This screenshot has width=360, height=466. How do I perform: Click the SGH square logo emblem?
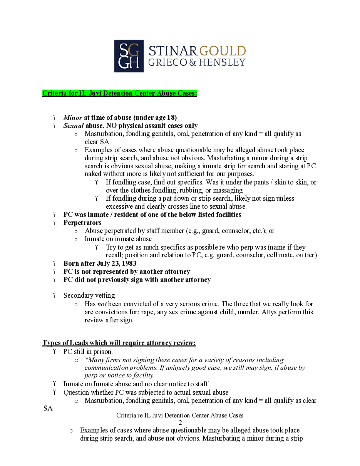tap(129, 56)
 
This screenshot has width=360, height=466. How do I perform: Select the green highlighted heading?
tap(120, 93)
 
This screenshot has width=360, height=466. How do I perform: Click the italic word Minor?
tap(73, 117)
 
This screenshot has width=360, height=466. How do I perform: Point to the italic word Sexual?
tap(74, 126)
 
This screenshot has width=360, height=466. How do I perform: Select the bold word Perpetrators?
tap(82, 223)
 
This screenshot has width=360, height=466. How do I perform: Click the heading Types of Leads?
tap(119, 343)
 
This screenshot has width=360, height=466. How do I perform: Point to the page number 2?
tap(180, 422)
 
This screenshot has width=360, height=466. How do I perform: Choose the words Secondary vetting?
tap(89, 295)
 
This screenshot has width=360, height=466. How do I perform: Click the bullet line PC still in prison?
tap(88, 352)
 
